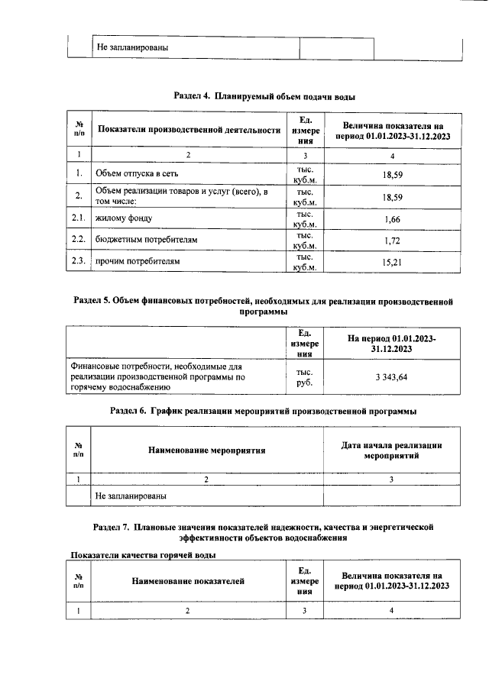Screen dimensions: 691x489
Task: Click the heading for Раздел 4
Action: [264, 97]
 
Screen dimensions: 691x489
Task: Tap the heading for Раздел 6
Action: [264, 411]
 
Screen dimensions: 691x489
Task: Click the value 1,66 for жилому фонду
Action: [392, 219]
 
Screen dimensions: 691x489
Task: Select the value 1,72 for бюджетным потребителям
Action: [392, 241]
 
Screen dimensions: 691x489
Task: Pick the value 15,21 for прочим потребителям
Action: [392, 262]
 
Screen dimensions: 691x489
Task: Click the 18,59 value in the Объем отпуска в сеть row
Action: [392, 175]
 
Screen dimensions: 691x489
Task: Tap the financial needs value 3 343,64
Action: [392, 377]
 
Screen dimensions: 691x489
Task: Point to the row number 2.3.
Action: [79, 262]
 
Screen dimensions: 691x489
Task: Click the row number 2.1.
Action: [79, 219]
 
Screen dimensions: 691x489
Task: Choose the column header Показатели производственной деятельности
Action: [189, 130]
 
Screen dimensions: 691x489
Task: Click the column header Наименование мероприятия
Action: [207, 450]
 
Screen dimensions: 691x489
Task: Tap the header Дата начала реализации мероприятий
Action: [392, 450]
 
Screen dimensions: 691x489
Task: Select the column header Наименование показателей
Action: [188, 581]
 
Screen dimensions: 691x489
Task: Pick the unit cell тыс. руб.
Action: [305, 377]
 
